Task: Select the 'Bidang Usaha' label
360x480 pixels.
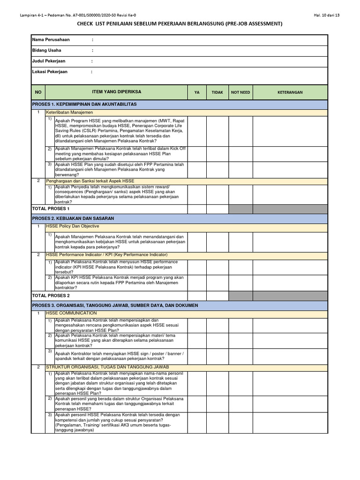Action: [46, 50]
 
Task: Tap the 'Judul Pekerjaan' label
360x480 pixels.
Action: [49, 61]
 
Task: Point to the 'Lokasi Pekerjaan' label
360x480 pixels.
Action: [50, 72]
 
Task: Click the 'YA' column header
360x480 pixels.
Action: [197, 92]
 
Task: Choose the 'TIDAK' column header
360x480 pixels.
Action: [217, 92]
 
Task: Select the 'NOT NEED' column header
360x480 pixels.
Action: [240, 92]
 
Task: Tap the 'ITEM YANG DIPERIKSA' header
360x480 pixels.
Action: [117, 92]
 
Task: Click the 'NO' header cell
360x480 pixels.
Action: [38, 92]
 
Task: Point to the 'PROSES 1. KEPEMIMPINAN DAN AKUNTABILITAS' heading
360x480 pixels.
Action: [84, 104]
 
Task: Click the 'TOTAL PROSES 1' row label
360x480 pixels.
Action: [51, 209]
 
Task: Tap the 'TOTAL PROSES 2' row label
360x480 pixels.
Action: [51, 296]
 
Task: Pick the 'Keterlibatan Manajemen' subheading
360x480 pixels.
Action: [69, 112]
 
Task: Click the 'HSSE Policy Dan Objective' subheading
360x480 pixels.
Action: [72, 226]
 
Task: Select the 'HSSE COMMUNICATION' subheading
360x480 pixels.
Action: [71, 313]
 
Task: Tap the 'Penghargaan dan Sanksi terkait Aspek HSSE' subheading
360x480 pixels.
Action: [90, 180]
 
